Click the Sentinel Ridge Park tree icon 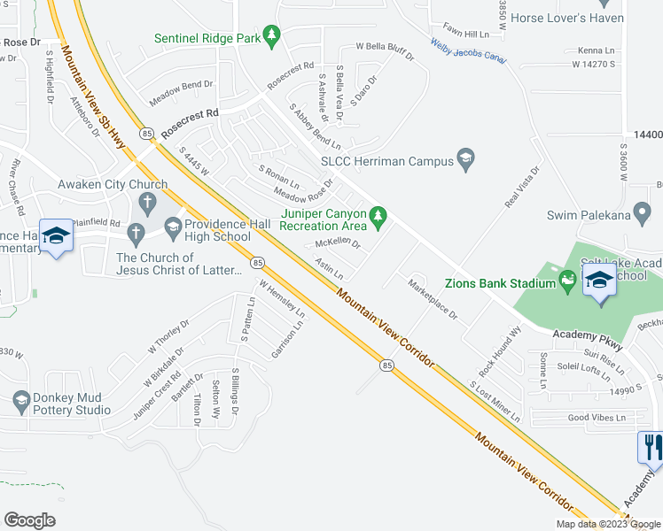274,38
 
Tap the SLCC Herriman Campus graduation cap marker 464,160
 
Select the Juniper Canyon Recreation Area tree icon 378,216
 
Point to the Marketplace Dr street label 432,298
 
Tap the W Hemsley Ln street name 282,300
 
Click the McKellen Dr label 338,242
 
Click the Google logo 29,519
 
